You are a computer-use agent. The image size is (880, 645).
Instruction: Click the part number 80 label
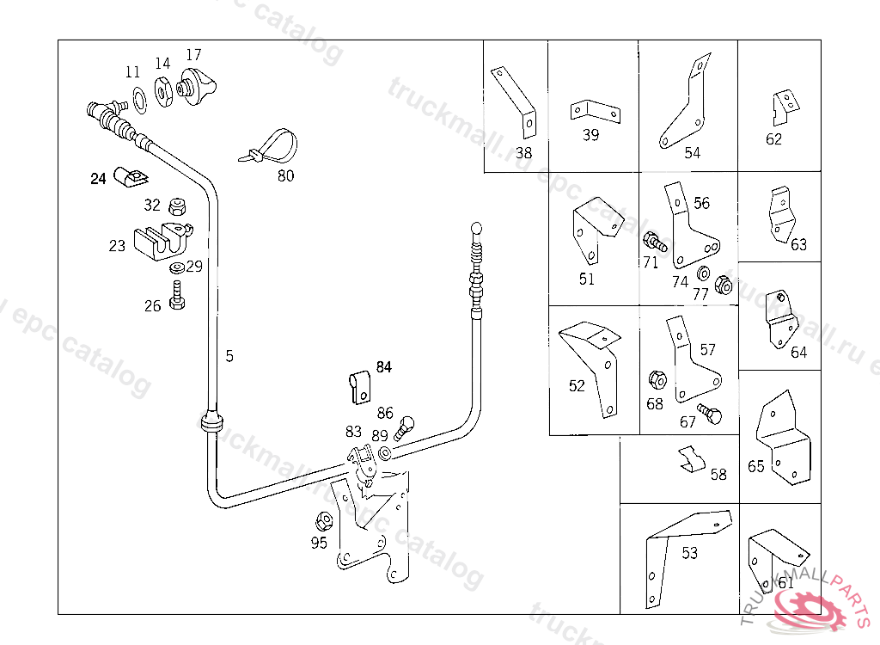pos(285,176)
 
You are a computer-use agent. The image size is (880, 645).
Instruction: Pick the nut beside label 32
pos(176,206)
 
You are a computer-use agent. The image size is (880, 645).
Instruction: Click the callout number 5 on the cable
pos(229,355)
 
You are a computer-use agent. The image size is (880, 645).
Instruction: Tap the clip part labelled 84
pos(359,387)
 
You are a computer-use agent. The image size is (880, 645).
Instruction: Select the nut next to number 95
pos(325,521)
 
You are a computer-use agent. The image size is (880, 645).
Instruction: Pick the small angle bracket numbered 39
pos(593,110)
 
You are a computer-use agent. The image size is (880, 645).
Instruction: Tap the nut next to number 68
pos(656,378)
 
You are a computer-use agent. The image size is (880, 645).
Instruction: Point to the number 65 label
pos(756,467)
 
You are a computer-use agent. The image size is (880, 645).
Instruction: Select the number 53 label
pos(690,553)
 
